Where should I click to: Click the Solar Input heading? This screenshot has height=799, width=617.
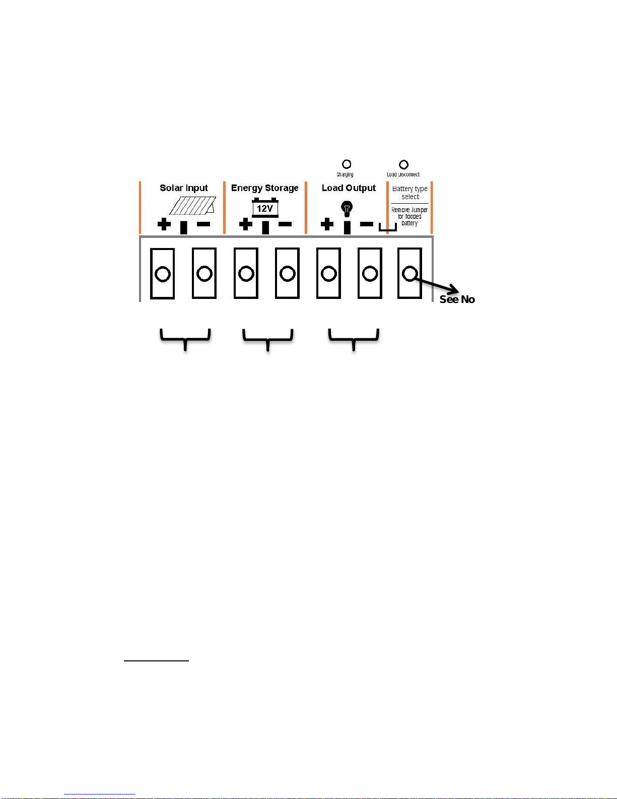coord(184,188)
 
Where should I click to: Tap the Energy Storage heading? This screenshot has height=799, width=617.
coord(264,188)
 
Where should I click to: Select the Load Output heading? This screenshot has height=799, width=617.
coord(349,188)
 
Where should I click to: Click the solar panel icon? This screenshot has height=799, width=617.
coord(193,205)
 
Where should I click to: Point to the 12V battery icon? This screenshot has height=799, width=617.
coord(265,208)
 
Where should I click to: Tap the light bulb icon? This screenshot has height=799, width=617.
coord(347,207)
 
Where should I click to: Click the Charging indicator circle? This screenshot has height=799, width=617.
coord(347,164)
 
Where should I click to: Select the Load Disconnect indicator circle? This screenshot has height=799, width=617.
coord(403,164)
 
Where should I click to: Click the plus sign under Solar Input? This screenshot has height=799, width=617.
coord(164,224)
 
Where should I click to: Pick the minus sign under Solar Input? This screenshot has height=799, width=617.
coord(203,224)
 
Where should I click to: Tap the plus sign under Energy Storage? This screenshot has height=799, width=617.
coord(246,224)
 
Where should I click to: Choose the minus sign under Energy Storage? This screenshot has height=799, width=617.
coord(285,224)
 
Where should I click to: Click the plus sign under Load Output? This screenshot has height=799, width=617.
coord(327,224)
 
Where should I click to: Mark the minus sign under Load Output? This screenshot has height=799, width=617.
coord(367,224)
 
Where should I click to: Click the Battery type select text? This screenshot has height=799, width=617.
coord(410,193)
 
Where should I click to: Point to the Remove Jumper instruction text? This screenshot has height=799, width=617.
coord(409,216)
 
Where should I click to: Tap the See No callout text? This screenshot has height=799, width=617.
coord(457,299)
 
